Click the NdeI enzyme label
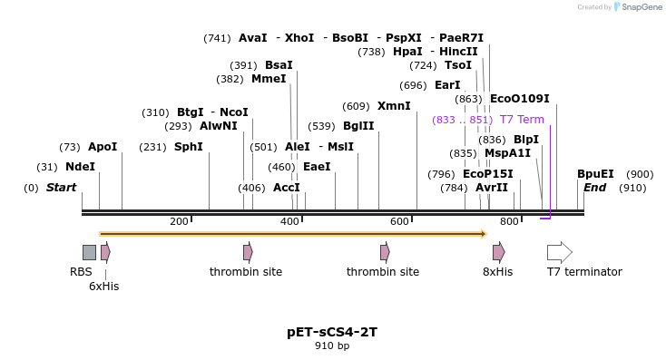(x=80, y=167)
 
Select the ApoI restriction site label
(x=103, y=147)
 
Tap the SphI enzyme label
(x=188, y=147)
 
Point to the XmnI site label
(x=394, y=106)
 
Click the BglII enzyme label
(x=357, y=126)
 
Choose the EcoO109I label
(x=519, y=99)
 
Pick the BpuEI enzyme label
(x=595, y=174)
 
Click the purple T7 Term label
(x=522, y=120)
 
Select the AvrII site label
(x=492, y=188)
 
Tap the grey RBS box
(x=89, y=252)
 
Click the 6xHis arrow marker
(x=105, y=252)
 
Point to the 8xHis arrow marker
(x=498, y=252)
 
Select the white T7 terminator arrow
(x=559, y=252)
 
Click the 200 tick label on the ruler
(x=179, y=222)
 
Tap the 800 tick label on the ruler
(x=509, y=222)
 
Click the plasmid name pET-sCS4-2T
(x=332, y=332)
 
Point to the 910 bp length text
(x=332, y=346)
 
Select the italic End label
(x=594, y=188)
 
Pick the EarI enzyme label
(x=447, y=85)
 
